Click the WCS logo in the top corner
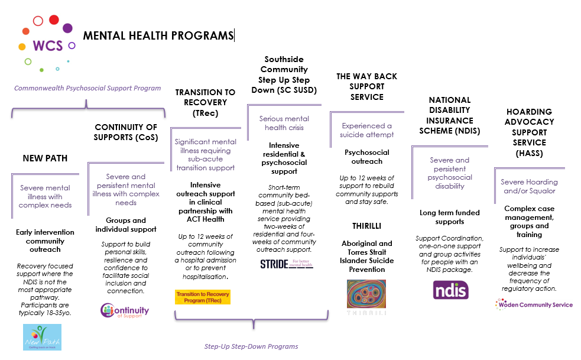(46, 41)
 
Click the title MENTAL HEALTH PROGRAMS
(158, 35)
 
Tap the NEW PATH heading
(45, 158)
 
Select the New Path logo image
(42, 337)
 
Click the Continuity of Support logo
(125, 310)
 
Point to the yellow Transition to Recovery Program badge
(203, 297)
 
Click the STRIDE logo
(287, 264)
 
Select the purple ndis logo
(451, 290)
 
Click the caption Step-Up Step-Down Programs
(251, 346)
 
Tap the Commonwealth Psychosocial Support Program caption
(87, 88)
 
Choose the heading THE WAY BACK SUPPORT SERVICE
(366, 86)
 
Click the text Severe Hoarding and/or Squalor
(530, 186)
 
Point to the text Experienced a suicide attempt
(366, 130)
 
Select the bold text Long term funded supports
(450, 217)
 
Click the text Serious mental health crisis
(284, 123)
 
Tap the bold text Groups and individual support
(125, 225)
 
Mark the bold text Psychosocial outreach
(366, 157)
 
